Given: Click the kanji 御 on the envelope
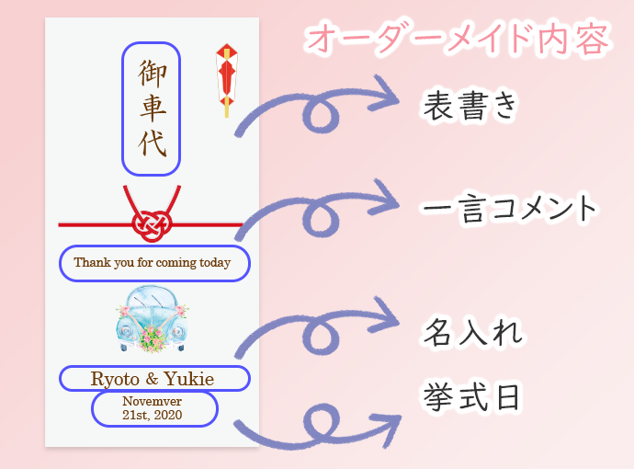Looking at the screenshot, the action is click(x=153, y=73).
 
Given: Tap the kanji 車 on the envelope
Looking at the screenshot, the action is click(x=153, y=108).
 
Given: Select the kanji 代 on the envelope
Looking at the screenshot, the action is click(x=153, y=143).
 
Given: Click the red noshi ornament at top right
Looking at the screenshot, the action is click(x=226, y=80).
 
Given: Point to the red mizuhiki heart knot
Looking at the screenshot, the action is click(x=152, y=225).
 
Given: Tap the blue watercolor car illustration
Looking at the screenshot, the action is click(x=152, y=319).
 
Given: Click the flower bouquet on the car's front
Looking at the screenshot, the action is click(x=152, y=338).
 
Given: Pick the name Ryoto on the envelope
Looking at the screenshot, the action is click(x=115, y=380).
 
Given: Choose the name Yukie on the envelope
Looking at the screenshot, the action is click(x=189, y=379).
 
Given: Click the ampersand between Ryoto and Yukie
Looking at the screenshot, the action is click(x=152, y=379).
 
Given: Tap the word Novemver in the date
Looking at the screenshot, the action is click(x=152, y=401).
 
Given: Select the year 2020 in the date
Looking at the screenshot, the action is click(x=168, y=415).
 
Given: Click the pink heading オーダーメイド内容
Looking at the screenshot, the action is click(x=458, y=40).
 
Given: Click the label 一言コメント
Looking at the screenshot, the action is click(x=509, y=208).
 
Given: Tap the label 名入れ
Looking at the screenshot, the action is click(x=472, y=332).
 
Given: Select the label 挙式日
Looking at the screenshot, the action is click(x=471, y=396).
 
